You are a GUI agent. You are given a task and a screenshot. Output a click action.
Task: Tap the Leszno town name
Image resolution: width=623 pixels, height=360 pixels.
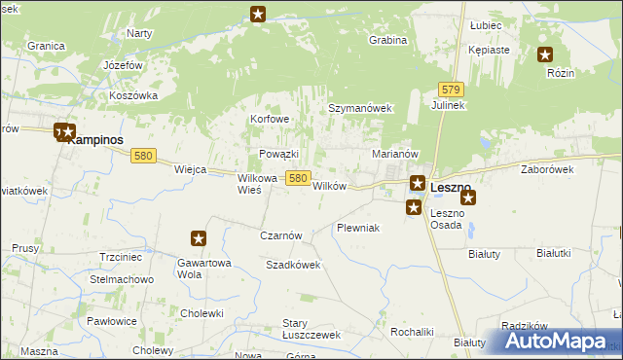[x=451, y=187]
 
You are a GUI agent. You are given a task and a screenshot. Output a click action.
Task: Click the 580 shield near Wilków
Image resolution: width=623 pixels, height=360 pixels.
[x=299, y=178]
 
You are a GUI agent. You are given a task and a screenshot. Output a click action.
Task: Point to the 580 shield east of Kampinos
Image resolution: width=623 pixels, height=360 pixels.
[x=144, y=156]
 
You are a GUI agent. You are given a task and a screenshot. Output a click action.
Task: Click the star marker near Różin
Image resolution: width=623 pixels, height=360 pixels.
[x=545, y=55]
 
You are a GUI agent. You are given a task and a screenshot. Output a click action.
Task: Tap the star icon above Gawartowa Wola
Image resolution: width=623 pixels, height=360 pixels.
[x=199, y=237]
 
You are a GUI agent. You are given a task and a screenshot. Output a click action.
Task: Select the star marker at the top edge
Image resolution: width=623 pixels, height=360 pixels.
[x=258, y=14]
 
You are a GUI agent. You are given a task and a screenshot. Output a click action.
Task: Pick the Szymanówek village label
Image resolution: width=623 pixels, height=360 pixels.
[x=358, y=109]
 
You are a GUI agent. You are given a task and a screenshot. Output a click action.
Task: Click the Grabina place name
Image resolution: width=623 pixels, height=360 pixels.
[x=386, y=41]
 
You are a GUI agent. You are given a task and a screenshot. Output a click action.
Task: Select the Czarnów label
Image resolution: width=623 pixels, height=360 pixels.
[x=282, y=235]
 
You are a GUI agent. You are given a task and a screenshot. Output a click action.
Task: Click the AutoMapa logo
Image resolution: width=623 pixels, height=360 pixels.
[x=559, y=341]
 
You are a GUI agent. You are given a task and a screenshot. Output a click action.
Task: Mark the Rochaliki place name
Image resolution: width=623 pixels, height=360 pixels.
[x=412, y=332]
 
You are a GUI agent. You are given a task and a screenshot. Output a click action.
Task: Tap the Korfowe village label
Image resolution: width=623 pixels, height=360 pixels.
[x=270, y=119]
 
